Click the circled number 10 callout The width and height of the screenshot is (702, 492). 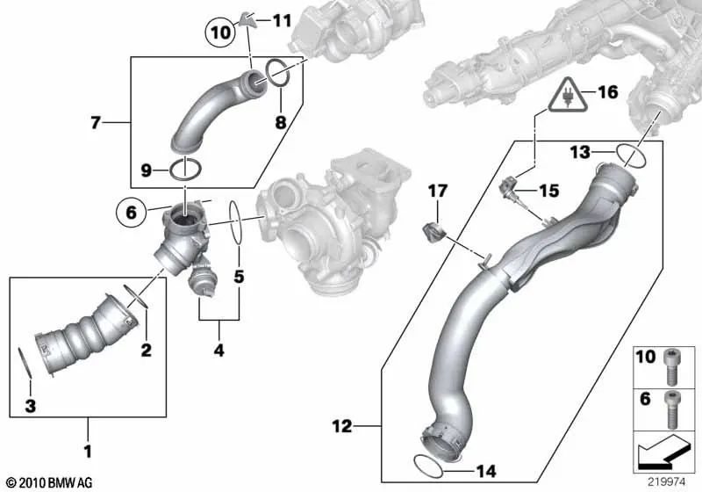(220, 33)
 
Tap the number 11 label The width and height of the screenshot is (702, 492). (282, 20)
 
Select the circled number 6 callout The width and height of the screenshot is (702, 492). (131, 212)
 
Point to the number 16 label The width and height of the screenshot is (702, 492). (608, 92)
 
